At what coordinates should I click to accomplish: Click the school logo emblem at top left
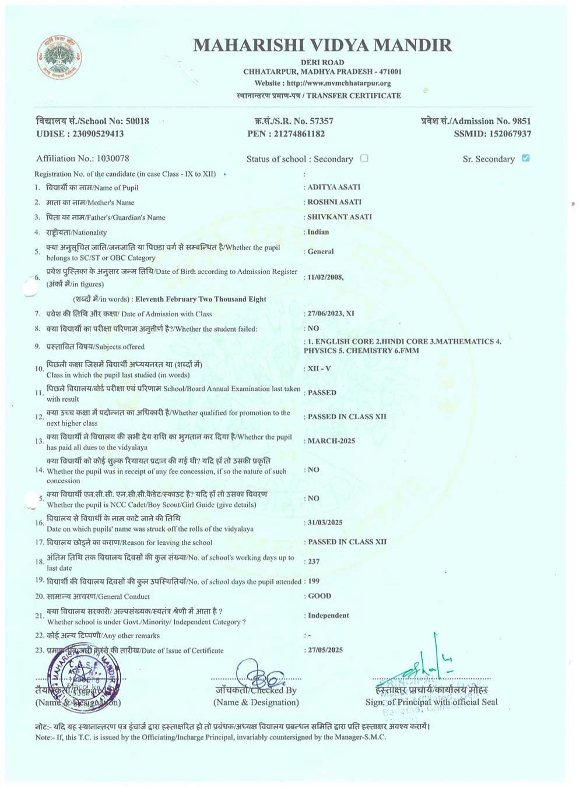[59, 57]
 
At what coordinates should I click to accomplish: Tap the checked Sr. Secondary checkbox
[526, 158]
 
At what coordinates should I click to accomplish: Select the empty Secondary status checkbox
[364, 158]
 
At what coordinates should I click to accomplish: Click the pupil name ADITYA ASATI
[334, 187]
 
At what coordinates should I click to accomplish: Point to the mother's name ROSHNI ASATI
[335, 202]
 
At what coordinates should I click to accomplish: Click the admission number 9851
[521, 121]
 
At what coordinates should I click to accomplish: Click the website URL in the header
[339, 83]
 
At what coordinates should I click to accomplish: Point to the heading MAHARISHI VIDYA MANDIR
[322, 45]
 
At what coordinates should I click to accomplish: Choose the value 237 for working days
[314, 561]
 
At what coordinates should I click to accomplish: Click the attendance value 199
[313, 581]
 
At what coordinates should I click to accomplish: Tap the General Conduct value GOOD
[319, 596]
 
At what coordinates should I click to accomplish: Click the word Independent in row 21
[328, 616]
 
